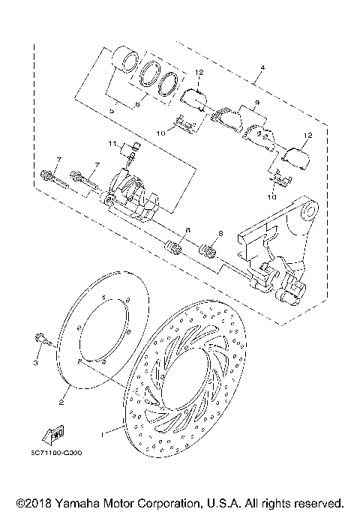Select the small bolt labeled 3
pos(42,340)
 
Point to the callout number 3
pos(34,363)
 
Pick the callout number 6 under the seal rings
pos(137,106)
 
